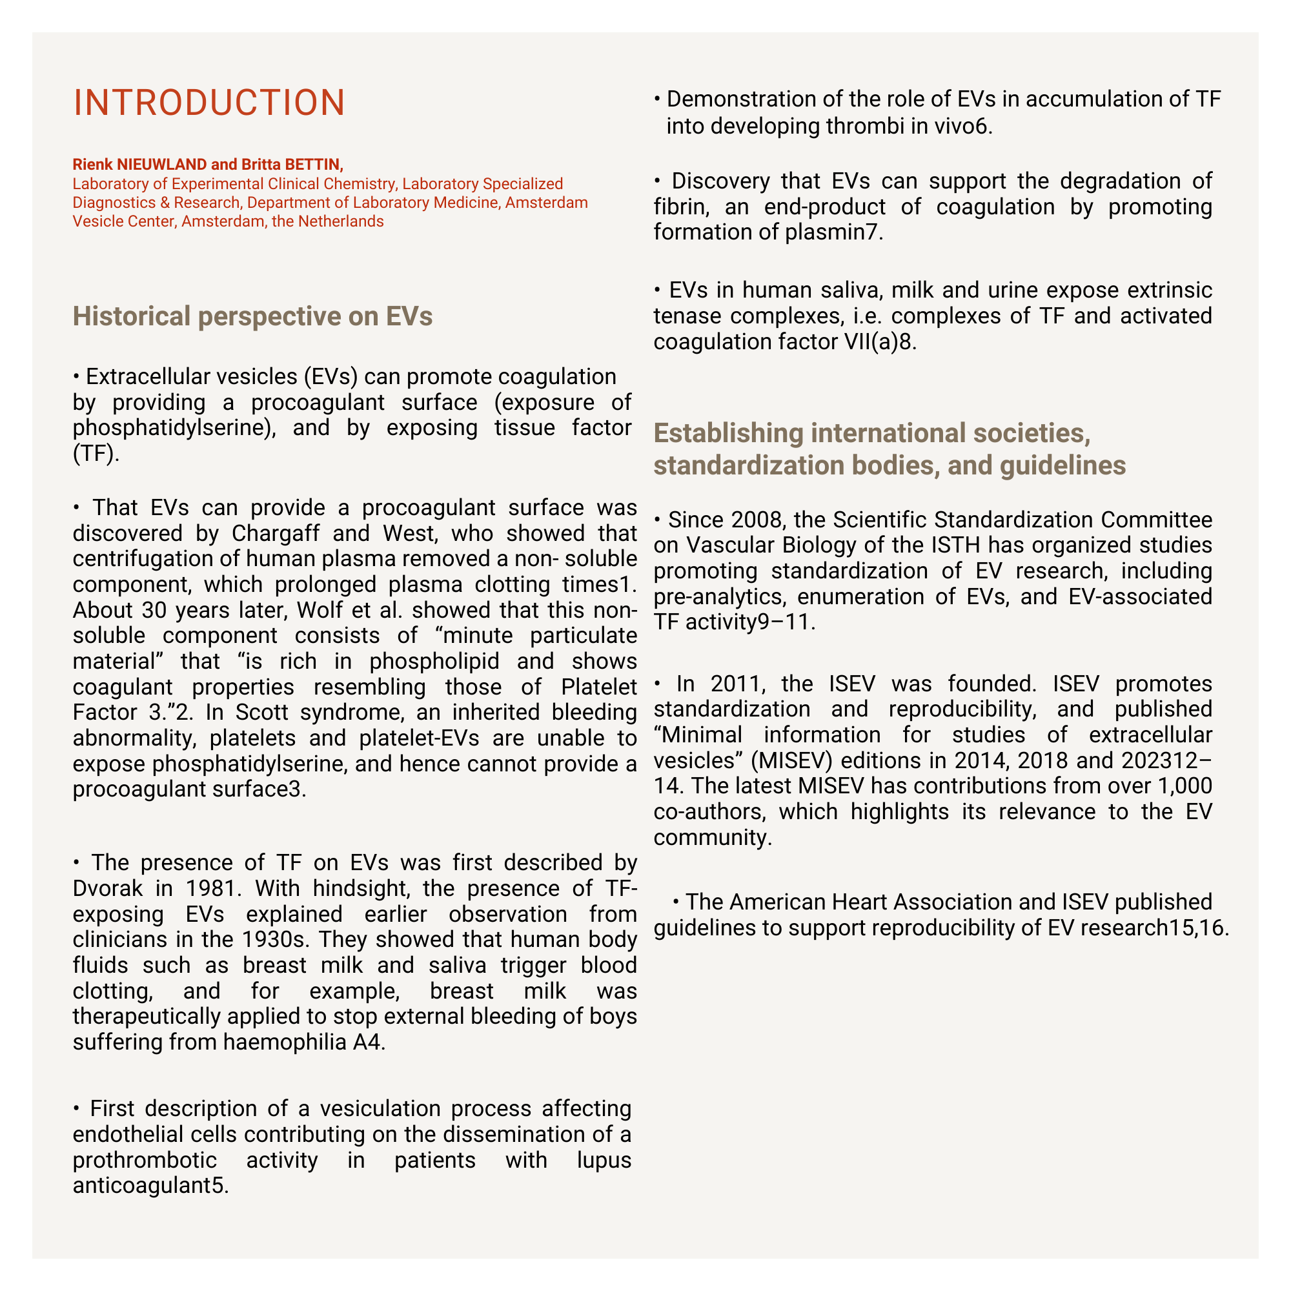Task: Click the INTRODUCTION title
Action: point(209,103)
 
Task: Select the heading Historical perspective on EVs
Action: point(252,316)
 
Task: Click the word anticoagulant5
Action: point(150,1185)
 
